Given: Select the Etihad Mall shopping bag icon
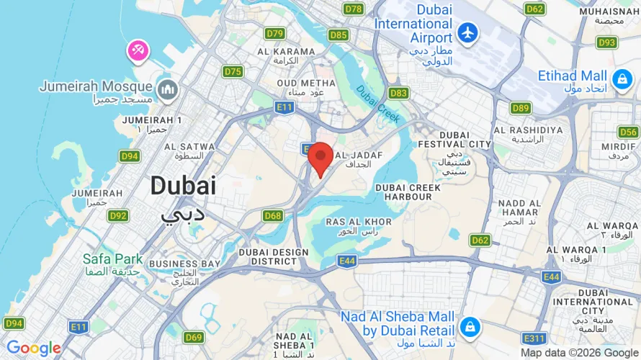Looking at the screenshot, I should (621, 78).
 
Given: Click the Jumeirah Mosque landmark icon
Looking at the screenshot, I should (168, 89).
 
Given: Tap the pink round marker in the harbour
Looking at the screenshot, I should (138, 50).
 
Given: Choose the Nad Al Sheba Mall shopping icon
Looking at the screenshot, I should (470, 325).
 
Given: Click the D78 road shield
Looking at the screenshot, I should (354, 9).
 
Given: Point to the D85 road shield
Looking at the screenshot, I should (338, 35).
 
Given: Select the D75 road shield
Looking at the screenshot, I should (233, 71).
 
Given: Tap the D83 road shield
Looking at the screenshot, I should (398, 93).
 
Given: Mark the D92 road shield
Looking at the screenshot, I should (118, 215).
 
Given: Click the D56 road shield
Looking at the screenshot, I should (628, 132).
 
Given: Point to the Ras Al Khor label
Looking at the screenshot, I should (359, 227).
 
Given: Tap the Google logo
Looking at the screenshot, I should (34, 348).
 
